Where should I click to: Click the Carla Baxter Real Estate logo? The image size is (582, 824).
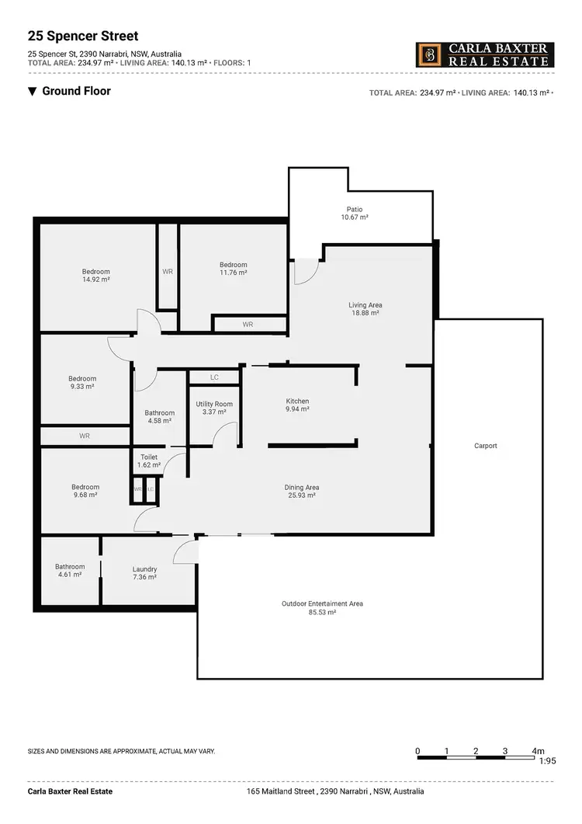point(485,54)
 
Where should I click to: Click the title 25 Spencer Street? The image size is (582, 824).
point(83,36)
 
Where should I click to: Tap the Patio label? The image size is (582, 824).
point(355,210)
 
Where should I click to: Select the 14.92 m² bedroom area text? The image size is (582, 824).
point(96,279)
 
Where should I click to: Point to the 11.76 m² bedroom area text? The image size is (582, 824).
point(233,273)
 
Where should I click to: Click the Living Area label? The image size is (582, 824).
point(365,305)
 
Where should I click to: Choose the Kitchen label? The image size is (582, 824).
point(297,402)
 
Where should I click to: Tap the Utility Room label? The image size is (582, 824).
point(214,405)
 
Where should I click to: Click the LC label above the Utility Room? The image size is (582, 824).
point(214,377)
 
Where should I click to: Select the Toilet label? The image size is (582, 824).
point(148,457)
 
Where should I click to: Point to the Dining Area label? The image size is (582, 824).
point(302,488)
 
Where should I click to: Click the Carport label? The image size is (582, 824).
point(486,446)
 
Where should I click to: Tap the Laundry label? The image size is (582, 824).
point(144,569)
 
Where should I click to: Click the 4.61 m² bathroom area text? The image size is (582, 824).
point(70,575)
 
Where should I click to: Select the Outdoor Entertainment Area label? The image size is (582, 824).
point(322,603)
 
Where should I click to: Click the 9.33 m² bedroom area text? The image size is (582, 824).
point(82,386)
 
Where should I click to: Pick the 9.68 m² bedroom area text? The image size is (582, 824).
point(85,495)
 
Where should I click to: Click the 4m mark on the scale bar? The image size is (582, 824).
point(538,751)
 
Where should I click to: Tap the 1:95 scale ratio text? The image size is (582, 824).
point(548,761)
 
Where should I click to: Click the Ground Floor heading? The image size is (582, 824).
point(76,91)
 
